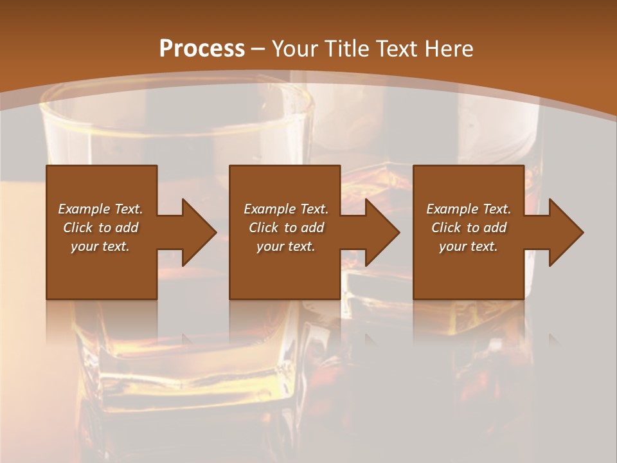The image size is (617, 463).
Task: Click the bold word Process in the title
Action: [202, 48]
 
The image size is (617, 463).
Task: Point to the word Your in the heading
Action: [295, 48]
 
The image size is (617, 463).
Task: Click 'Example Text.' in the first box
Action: [100, 209]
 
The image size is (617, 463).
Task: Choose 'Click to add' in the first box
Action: [100, 228]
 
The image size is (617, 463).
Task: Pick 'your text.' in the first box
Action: [100, 246]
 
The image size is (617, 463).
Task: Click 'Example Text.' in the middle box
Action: [286, 209]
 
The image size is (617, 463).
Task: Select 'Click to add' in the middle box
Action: [286, 228]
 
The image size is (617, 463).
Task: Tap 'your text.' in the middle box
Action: [286, 246]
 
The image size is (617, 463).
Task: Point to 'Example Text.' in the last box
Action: [469, 209]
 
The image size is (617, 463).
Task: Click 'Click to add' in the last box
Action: [469, 228]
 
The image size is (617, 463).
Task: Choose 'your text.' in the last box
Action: [469, 246]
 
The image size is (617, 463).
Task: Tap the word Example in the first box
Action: [84, 209]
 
